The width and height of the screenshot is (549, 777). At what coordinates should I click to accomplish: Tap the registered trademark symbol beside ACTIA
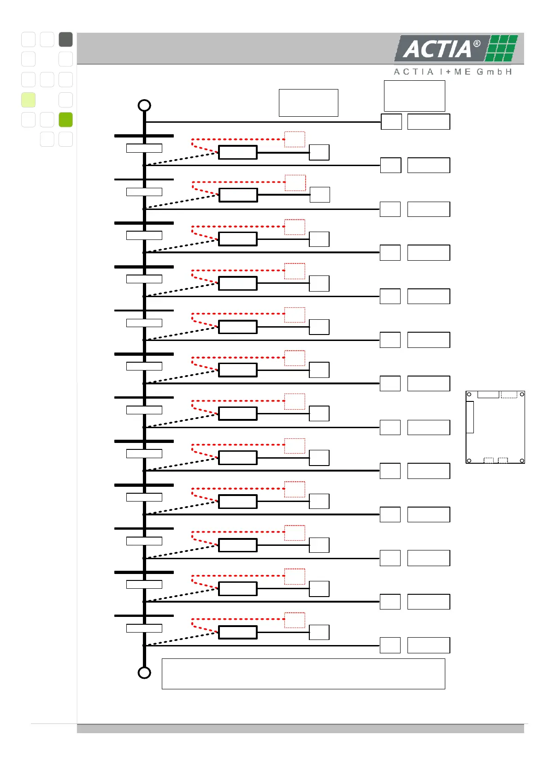(x=477, y=44)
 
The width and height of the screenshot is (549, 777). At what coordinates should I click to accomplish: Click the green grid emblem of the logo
(x=502, y=48)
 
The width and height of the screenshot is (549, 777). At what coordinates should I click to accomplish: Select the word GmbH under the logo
(x=494, y=72)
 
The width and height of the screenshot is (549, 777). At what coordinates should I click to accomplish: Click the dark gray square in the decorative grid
(x=66, y=40)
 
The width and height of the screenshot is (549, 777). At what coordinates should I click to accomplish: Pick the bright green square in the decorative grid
(x=66, y=120)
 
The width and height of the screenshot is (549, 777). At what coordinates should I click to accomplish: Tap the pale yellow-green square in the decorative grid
(x=29, y=100)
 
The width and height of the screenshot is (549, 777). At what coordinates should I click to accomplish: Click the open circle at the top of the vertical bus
(x=144, y=105)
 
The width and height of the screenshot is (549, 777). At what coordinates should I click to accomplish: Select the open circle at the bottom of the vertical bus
(x=144, y=673)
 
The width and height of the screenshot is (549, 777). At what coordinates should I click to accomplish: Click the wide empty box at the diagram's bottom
(x=303, y=674)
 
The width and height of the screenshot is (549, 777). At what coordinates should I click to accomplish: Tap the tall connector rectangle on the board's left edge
(x=470, y=417)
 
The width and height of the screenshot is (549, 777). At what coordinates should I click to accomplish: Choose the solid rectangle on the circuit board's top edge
(x=488, y=394)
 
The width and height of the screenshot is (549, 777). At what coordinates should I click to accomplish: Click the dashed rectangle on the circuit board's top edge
(x=509, y=394)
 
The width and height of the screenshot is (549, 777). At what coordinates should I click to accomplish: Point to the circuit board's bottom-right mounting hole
(x=522, y=460)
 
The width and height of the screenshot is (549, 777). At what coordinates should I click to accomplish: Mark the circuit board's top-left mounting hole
(x=469, y=394)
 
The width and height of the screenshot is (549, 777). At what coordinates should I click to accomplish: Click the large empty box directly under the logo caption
(x=414, y=96)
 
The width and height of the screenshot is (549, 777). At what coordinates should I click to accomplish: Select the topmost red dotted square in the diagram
(x=295, y=139)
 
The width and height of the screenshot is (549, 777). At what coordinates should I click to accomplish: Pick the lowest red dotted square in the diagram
(x=295, y=620)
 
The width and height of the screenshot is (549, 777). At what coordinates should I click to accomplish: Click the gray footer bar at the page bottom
(x=300, y=729)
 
